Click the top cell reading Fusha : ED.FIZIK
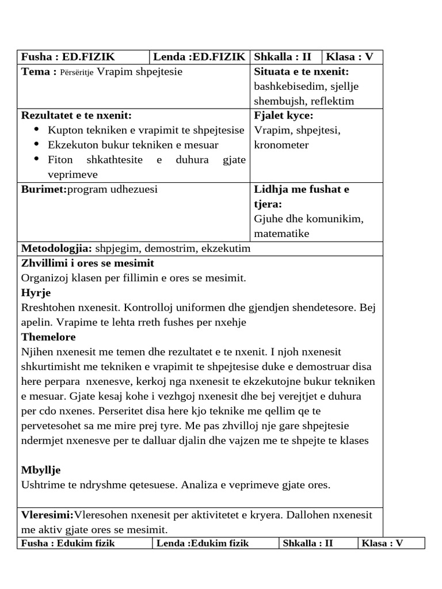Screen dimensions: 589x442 tap(68, 57)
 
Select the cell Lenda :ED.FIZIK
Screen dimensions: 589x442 tap(200, 57)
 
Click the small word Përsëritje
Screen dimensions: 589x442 tap(77, 72)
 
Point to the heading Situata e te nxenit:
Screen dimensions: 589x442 tap(302, 72)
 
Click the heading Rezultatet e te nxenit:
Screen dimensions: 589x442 tap(77, 116)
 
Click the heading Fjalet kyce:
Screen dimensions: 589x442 tap(284, 116)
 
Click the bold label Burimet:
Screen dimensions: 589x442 tap(44, 189)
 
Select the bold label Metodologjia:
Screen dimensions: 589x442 tap(56, 248)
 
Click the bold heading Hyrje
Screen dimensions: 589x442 tap(36, 293)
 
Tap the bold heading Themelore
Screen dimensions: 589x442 tap(48, 337)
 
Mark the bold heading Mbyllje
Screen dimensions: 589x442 tap(41, 470)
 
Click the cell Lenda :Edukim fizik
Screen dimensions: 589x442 tap(201, 543)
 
